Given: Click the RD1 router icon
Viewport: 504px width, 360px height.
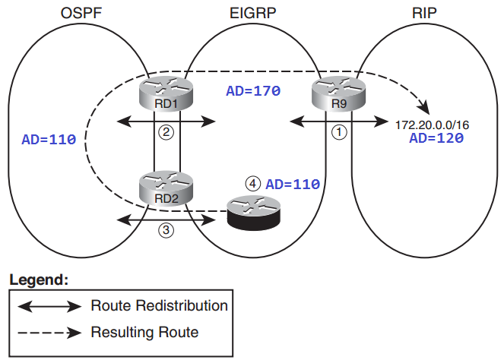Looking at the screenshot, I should click(x=167, y=93).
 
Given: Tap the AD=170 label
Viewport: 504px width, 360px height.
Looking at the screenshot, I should click(x=254, y=90).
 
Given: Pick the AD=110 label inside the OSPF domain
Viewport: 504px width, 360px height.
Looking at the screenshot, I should click(x=49, y=140).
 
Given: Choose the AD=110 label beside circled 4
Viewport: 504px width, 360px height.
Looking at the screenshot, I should click(x=293, y=184).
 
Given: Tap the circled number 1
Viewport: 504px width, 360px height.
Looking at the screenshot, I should click(x=340, y=131).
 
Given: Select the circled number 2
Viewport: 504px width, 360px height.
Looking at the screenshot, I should click(x=167, y=131).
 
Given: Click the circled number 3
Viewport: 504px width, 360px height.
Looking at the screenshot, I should click(x=167, y=229).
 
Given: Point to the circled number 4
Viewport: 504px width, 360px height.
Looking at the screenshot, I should click(x=254, y=184).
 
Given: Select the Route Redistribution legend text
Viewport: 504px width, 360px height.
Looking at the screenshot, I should click(x=159, y=306).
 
